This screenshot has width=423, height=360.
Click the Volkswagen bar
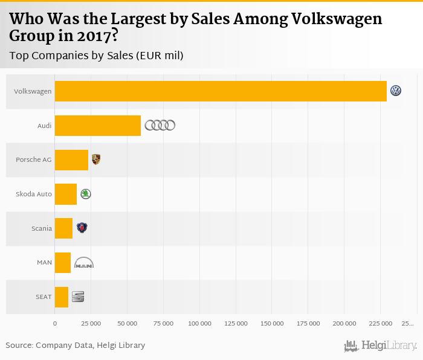(221, 91)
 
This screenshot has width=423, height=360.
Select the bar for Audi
(97, 126)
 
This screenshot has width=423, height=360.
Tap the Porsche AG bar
(71, 159)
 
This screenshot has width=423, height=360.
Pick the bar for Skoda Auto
(66, 194)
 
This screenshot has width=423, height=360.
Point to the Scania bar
(63, 228)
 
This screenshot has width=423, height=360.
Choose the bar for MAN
(63, 263)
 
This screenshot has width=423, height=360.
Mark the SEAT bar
(62, 297)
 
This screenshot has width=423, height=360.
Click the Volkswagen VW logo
(396, 91)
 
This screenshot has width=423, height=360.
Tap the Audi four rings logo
(160, 125)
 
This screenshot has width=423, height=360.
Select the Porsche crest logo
(96, 159)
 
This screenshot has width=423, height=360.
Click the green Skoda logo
(86, 194)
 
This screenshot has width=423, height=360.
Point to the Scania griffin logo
(82, 228)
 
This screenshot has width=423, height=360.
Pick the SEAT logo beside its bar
(78, 297)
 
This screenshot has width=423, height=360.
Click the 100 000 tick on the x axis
(199, 324)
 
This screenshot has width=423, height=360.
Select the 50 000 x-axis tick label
(127, 324)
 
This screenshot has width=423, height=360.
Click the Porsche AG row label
(34, 159)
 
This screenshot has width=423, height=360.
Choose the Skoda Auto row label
(34, 194)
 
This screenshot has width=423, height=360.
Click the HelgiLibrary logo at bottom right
(380, 346)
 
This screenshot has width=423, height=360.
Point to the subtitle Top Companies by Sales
(96, 56)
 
